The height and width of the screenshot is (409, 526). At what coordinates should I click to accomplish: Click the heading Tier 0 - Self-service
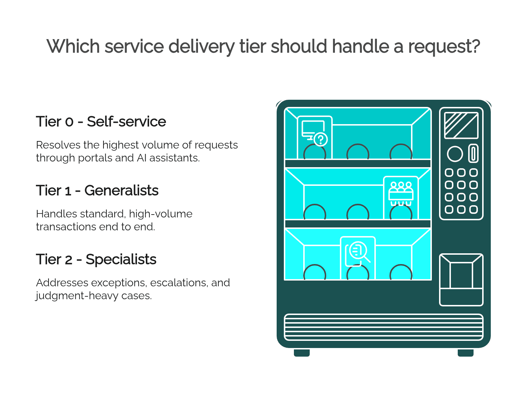(x=101, y=121)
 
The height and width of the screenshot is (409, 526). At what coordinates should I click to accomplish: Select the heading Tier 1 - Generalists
(x=97, y=190)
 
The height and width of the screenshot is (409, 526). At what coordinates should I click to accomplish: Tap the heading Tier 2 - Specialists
(x=96, y=259)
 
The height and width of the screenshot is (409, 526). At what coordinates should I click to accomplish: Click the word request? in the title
(x=444, y=46)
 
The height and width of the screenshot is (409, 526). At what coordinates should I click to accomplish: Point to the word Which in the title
(x=73, y=46)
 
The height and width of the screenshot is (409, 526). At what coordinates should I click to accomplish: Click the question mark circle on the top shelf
(x=320, y=140)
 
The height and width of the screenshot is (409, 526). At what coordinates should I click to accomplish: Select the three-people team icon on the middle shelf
(x=401, y=193)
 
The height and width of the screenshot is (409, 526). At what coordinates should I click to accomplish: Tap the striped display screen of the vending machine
(x=461, y=126)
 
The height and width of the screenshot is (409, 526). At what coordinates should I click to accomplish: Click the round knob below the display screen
(x=455, y=154)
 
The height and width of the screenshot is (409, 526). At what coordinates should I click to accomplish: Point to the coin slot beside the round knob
(x=473, y=153)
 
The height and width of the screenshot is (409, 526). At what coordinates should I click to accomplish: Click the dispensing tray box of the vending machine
(x=461, y=280)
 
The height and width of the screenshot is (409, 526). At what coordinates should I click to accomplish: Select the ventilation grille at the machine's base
(x=383, y=327)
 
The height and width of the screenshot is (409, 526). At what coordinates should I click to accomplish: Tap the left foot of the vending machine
(x=301, y=353)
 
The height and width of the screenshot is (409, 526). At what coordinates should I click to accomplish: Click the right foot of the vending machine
(x=465, y=353)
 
